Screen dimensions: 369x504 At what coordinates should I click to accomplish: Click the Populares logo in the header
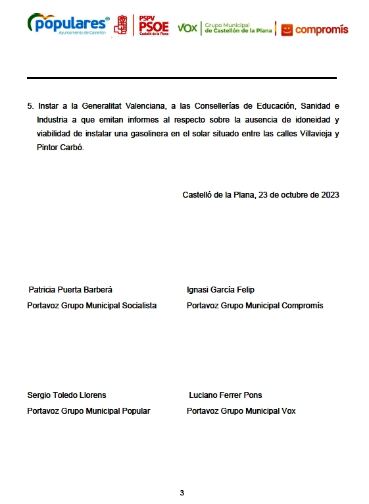tap(68, 24)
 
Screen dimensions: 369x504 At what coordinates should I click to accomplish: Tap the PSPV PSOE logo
tap(141, 25)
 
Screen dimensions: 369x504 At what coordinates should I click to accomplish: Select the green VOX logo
tap(187, 28)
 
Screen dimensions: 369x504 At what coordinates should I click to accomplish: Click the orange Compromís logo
tap(314, 30)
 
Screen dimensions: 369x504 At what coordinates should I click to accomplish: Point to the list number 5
tap(30, 105)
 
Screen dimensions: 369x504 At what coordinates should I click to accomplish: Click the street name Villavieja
tap(309, 134)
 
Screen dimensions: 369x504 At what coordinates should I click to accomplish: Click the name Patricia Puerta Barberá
tap(70, 290)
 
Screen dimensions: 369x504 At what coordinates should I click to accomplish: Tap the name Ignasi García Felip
tap(220, 290)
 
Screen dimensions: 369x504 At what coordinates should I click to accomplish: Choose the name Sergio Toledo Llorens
tap(66, 395)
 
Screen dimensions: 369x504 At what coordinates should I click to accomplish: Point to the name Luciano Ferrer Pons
tap(225, 395)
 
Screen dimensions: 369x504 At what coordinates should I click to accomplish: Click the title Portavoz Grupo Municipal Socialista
tap(91, 306)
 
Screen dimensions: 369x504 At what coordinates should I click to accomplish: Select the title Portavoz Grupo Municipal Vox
tap(241, 411)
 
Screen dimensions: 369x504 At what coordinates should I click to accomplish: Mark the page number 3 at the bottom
tap(182, 493)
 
